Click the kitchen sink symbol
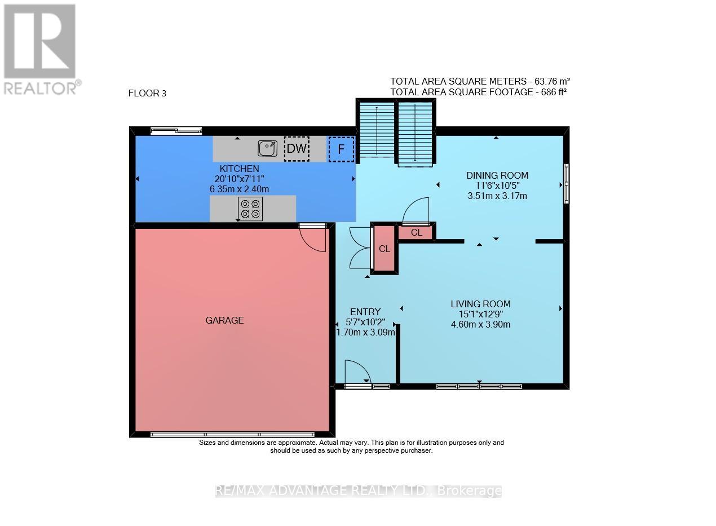point(267,148)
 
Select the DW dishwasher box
point(297,149)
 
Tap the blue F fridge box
point(341,149)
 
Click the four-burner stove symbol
point(250,209)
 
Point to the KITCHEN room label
point(239,169)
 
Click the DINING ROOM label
point(497,175)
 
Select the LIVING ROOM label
point(480,304)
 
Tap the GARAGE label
point(224,320)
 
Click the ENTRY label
point(365,312)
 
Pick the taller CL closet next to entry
point(384,249)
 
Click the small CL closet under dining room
point(417,232)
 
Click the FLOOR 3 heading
point(147,94)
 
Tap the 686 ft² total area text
point(478,91)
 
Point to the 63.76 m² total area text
point(483,81)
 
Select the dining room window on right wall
point(566,183)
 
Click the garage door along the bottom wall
point(232,435)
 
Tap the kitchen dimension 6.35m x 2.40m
point(239,189)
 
